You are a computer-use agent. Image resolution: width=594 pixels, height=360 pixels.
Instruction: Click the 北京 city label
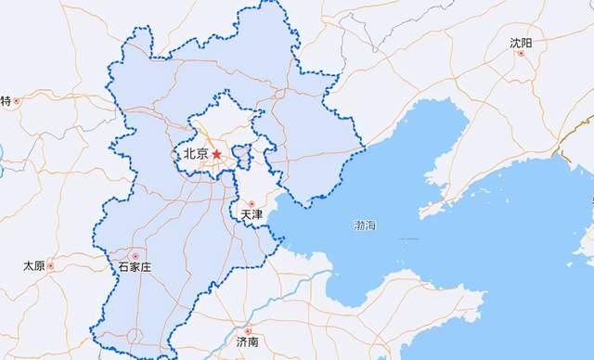point(195,154)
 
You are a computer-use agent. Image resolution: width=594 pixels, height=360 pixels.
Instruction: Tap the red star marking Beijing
point(216,154)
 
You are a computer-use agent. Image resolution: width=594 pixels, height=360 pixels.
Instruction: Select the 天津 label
point(252,215)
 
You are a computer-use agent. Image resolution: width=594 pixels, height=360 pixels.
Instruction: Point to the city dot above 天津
point(251,203)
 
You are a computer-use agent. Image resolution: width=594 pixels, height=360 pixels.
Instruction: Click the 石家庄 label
point(135,267)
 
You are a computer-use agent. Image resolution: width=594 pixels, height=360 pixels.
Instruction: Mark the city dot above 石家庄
point(136,255)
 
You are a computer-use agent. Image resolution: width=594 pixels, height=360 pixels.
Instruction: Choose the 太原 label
point(33,266)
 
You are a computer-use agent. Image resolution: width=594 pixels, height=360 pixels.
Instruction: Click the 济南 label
point(247,341)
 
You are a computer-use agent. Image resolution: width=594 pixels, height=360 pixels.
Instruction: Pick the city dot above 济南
point(247,329)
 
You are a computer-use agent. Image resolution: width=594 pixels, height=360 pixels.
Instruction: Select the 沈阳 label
point(521,43)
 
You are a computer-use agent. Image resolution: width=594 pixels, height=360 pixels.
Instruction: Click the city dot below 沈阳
point(521,54)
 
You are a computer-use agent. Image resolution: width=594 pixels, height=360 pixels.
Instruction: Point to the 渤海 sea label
point(365,225)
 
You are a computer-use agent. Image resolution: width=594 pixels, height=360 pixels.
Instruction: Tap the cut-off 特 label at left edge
point(5,100)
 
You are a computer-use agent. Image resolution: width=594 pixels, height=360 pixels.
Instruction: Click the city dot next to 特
point(16,100)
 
